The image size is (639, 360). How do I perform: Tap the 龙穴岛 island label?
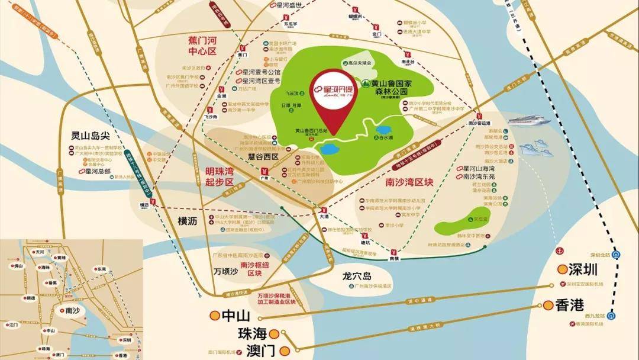point(356,276)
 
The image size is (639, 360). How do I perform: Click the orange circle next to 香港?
point(546,306)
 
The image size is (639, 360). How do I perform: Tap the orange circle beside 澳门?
point(285,351)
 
